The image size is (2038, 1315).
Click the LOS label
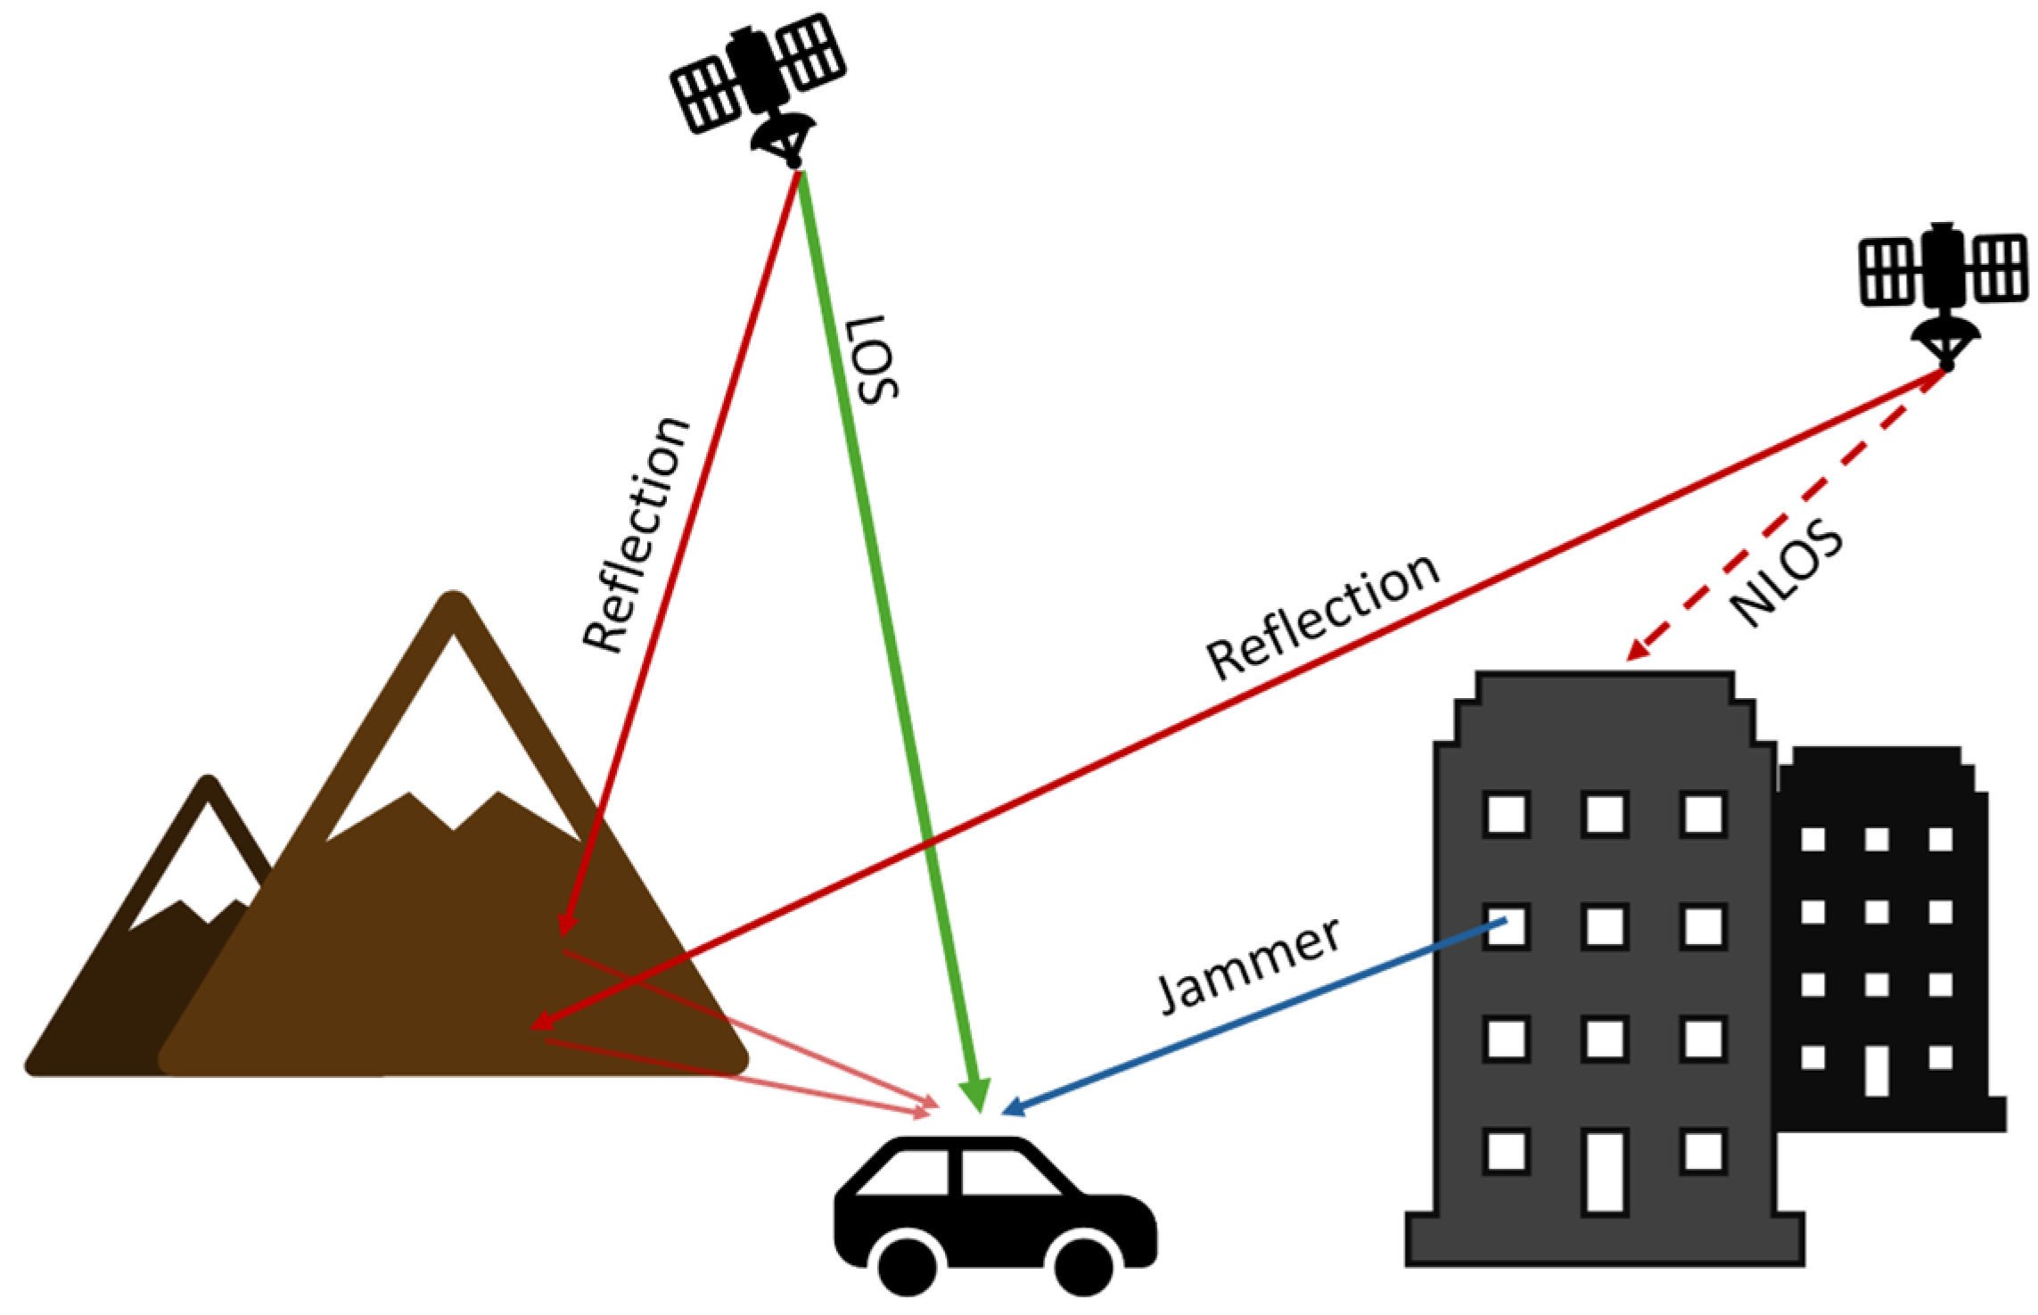tap(873, 358)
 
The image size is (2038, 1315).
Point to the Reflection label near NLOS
tap(1322, 616)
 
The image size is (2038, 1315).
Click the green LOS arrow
tap(892, 642)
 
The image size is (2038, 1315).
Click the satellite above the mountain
tap(759, 80)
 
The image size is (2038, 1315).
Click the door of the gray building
tap(1605, 1171)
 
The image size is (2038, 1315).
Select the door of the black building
tap(1876, 1070)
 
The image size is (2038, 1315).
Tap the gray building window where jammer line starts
tap(1507, 926)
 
